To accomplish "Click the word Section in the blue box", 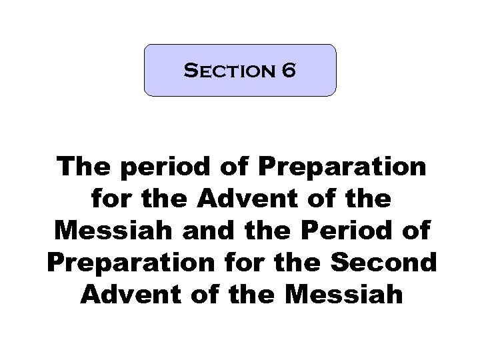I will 225,71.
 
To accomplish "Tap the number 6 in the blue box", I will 288,71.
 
